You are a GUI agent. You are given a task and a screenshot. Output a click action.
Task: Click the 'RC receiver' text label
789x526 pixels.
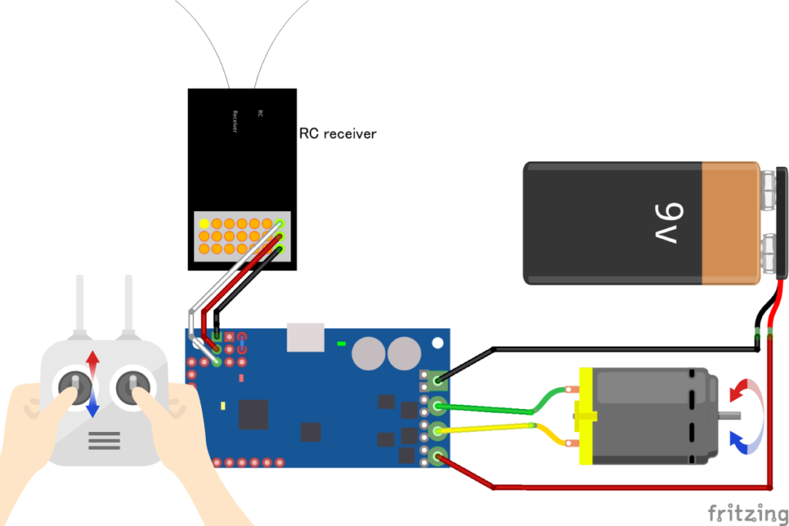[337, 133]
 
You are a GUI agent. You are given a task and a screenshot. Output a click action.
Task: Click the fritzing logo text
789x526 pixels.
[742, 512]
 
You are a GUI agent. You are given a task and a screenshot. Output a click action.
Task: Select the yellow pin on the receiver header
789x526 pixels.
[204, 224]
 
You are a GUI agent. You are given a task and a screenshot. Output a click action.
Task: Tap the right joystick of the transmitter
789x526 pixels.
[133, 383]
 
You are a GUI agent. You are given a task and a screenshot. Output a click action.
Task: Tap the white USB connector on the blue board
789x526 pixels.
[304, 337]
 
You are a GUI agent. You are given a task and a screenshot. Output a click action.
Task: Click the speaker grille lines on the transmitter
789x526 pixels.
[104, 441]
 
